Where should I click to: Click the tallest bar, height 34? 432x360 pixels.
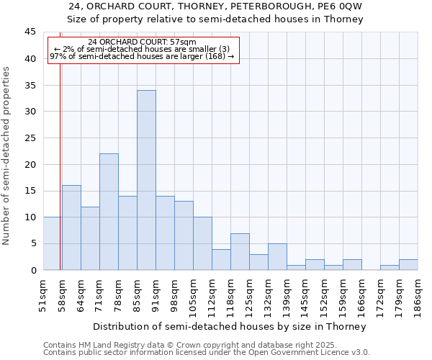click(146, 180)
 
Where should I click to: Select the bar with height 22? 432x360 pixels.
click(109, 212)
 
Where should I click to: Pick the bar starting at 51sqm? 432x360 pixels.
click(53, 243)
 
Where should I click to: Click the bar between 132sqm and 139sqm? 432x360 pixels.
click(277, 257)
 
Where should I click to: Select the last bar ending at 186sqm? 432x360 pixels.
click(408, 265)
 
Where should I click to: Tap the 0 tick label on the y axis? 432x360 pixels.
click(33, 271)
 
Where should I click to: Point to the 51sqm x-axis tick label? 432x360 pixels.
click(43, 294)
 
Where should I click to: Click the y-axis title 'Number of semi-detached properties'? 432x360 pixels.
click(6, 156)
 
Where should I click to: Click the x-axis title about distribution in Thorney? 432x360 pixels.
click(230, 326)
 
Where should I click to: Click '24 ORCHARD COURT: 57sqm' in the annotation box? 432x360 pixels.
click(142, 42)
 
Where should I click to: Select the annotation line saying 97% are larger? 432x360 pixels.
click(142, 56)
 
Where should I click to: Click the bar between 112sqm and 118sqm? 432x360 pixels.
click(221, 259)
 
